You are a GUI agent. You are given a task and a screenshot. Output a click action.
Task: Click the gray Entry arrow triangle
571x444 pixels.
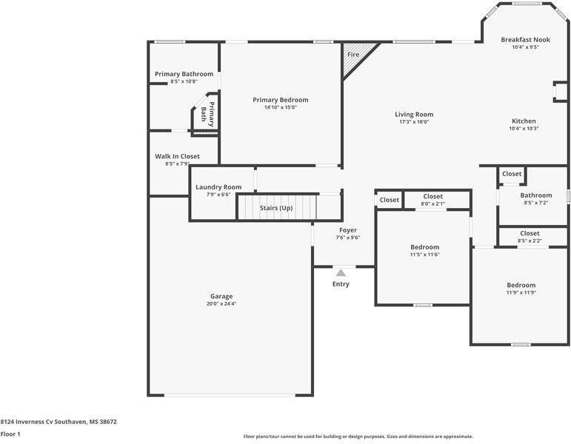341,273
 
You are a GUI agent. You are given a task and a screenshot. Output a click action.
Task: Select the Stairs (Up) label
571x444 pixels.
276,208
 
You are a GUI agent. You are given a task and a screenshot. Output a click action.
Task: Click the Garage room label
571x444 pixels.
221,296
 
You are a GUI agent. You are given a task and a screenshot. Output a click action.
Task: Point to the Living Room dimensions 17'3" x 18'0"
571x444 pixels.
414,122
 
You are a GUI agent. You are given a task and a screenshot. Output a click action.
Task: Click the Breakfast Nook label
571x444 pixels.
526,40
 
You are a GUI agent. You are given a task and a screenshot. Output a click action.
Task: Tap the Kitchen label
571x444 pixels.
524,121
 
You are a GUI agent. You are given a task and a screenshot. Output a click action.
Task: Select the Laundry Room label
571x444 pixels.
218,187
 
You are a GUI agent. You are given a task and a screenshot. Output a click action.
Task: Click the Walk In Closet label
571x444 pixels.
177,156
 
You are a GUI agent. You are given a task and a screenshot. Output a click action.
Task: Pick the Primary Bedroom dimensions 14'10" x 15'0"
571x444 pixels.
281,107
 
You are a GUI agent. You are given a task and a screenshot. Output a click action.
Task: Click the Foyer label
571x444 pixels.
348,230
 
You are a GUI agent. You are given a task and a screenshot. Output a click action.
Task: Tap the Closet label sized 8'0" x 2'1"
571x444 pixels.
433,197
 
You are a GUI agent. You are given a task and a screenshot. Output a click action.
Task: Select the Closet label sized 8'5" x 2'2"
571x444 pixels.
530,233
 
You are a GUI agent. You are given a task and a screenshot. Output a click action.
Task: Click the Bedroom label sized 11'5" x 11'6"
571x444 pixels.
425,247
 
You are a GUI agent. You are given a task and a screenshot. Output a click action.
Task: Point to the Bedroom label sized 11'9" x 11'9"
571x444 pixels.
521,286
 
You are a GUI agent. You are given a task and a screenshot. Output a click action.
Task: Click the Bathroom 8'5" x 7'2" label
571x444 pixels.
536,195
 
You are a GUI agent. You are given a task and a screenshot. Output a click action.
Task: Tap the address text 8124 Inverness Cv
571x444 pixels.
27,422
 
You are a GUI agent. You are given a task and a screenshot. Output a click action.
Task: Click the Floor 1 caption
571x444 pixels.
10,434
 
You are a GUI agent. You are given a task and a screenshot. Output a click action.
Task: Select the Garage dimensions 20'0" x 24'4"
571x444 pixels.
221,304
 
